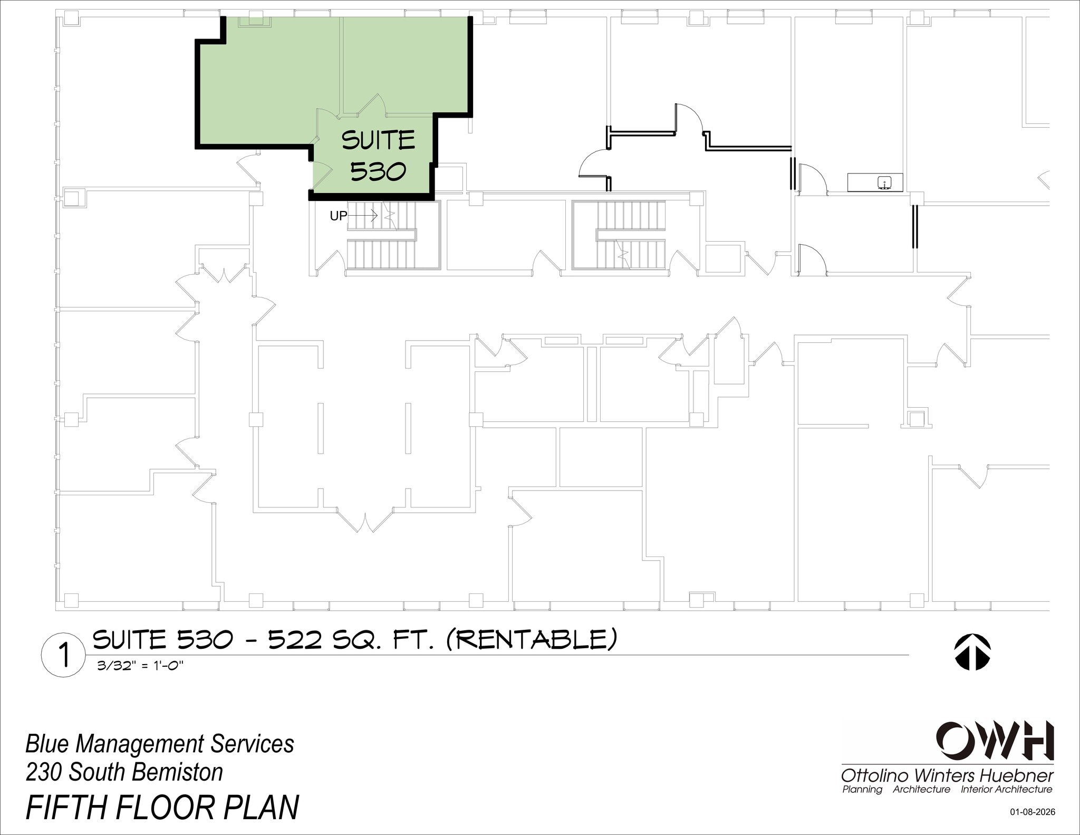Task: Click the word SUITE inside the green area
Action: pos(378,140)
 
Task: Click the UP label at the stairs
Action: pos(339,216)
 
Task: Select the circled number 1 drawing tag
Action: pos(63,656)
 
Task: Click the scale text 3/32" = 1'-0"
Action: pos(140,666)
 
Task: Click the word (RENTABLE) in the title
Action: pos(531,640)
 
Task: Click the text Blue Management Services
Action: pos(160,744)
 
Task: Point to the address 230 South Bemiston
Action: pos(124,772)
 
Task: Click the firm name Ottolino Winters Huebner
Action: pos(947,776)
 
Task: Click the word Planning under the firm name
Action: pos(862,790)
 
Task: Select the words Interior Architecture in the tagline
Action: pos(1006,790)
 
